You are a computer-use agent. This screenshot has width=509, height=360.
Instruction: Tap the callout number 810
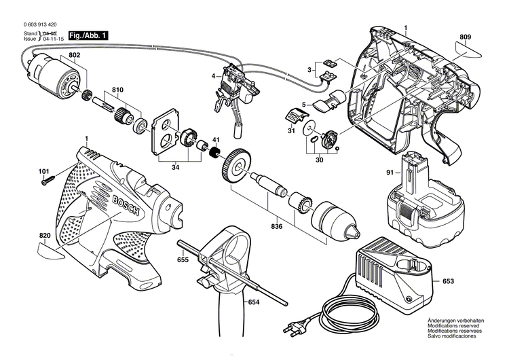tap(117, 90)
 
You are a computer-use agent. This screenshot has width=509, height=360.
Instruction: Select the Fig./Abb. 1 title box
tap(88, 35)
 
